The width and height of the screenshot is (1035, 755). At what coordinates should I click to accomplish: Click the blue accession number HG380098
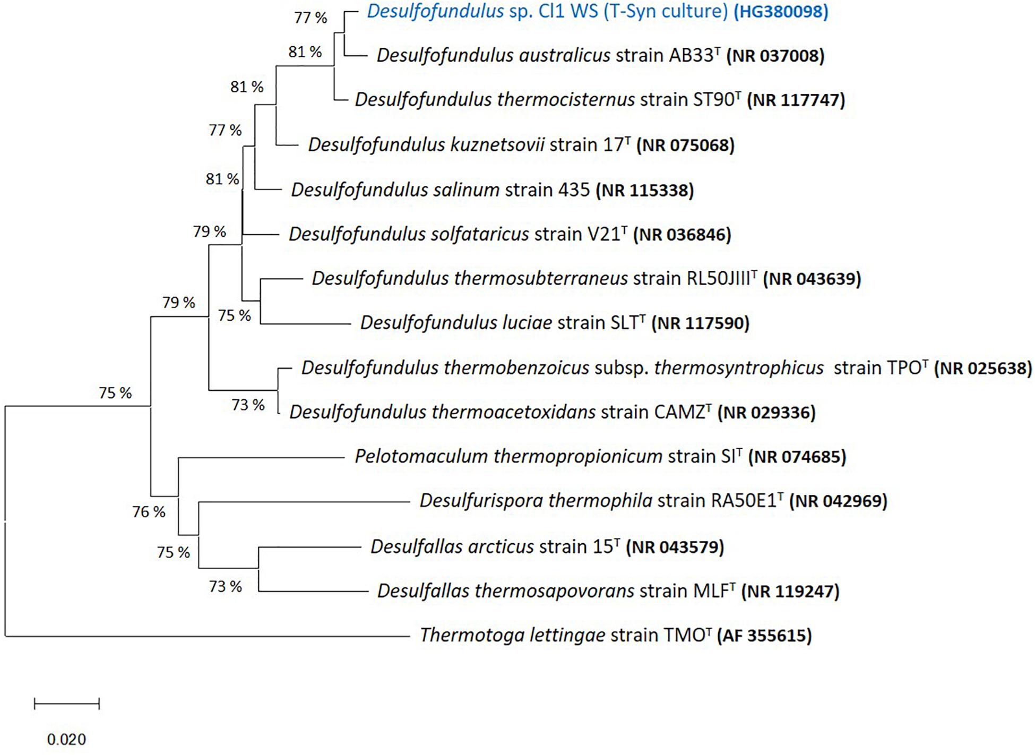tap(781, 12)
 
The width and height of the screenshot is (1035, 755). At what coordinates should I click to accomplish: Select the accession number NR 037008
tap(775, 56)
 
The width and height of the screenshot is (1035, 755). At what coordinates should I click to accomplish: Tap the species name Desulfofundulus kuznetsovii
tap(426, 145)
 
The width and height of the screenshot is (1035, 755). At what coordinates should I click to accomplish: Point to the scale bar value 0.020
tap(66, 739)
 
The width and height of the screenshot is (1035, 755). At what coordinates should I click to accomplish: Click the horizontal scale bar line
tap(66, 704)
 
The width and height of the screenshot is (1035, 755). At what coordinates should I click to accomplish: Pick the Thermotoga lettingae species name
tap(512, 636)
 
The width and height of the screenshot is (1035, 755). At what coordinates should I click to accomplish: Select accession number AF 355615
tap(764, 636)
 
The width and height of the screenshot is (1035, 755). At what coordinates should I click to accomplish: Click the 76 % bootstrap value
tap(149, 512)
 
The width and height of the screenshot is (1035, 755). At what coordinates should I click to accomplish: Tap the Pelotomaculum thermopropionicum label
tap(508, 457)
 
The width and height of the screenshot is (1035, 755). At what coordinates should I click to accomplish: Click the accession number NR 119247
tap(790, 591)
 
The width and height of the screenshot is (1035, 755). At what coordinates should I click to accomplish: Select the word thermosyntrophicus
tap(739, 368)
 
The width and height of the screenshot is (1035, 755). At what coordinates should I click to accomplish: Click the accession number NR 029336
tap(766, 413)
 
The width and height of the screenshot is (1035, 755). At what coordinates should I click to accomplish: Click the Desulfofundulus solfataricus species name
tap(409, 234)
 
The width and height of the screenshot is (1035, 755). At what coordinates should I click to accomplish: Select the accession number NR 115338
tap(645, 190)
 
